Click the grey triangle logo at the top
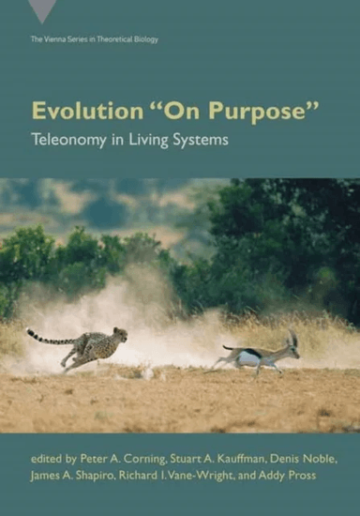(41, 10)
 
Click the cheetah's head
(120, 334)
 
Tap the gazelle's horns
(292, 336)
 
